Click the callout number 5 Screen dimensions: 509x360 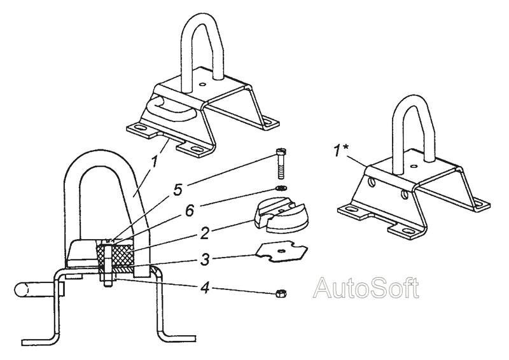(178, 190)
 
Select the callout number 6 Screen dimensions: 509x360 (190, 211)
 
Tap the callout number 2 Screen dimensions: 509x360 (204, 233)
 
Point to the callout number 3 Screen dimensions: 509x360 (204, 260)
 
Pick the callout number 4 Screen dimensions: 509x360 (205, 288)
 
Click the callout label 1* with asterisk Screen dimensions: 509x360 (341, 151)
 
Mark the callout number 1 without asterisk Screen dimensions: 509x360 (155, 162)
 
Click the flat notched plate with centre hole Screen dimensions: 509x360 (281, 253)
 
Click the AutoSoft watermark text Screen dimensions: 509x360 (366, 288)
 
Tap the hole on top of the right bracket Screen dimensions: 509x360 (413, 166)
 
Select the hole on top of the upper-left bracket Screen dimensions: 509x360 (203, 85)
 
